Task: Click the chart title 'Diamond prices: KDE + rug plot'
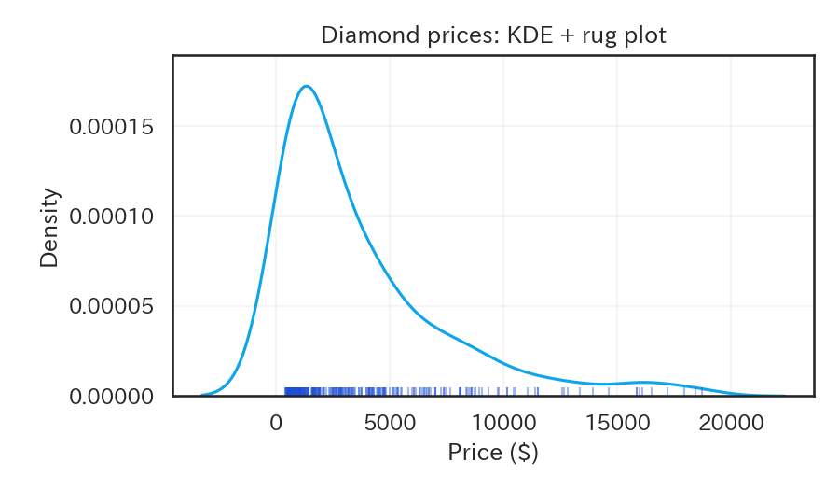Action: pos(493,35)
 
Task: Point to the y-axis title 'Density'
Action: pos(49,228)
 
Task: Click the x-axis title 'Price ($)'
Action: pos(493,454)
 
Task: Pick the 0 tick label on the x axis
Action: pos(276,422)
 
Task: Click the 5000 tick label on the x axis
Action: pos(390,422)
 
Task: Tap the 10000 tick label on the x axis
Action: pos(503,422)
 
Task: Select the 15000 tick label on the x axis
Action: pos(617,422)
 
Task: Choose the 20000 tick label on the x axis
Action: pos(731,422)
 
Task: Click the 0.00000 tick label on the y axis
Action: pos(111,397)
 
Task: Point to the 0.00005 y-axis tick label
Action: pos(111,306)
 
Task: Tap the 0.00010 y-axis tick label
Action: pos(111,217)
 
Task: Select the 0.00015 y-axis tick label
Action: pos(111,126)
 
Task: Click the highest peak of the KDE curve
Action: pos(306,87)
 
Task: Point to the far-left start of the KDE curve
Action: pos(202,395)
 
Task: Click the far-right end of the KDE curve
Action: pos(785,396)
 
